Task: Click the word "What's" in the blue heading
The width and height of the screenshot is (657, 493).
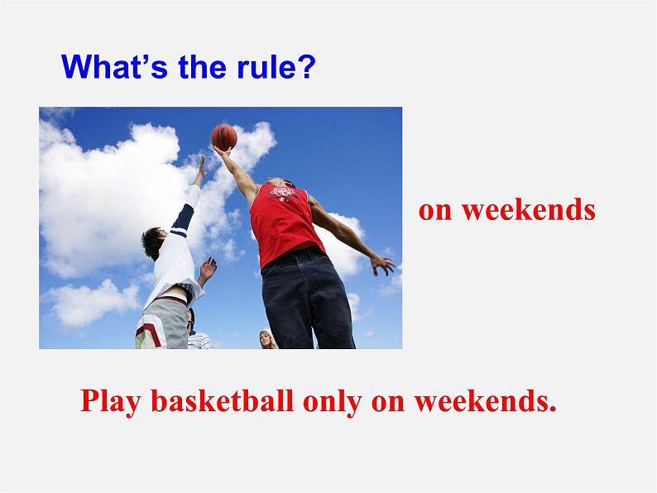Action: pyautogui.click(x=114, y=66)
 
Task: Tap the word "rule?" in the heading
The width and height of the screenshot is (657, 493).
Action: pyautogui.click(x=276, y=66)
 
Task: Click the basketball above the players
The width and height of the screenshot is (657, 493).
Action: pyautogui.click(x=224, y=137)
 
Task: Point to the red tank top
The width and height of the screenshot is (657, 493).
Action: pyautogui.click(x=284, y=224)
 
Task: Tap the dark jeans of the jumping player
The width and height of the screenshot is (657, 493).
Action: pyautogui.click(x=307, y=299)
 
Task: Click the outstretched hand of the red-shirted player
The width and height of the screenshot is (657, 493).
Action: pyautogui.click(x=382, y=266)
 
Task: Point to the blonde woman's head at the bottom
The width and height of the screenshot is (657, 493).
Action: pyautogui.click(x=266, y=339)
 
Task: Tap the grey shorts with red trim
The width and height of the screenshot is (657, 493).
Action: pyautogui.click(x=163, y=323)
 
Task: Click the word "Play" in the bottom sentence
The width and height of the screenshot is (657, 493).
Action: pyautogui.click(x=110, y=401)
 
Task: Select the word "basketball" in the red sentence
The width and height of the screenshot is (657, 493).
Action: pyautogui.click(x=222, y=400)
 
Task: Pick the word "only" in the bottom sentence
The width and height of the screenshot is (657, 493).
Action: pyautogui.click(x=333, y=402)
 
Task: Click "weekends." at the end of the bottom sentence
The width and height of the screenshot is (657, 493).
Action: pyautogui.click(x=485, y=401)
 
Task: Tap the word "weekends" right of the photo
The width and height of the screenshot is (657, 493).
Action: pyautogui.click(x=529, y=209)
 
